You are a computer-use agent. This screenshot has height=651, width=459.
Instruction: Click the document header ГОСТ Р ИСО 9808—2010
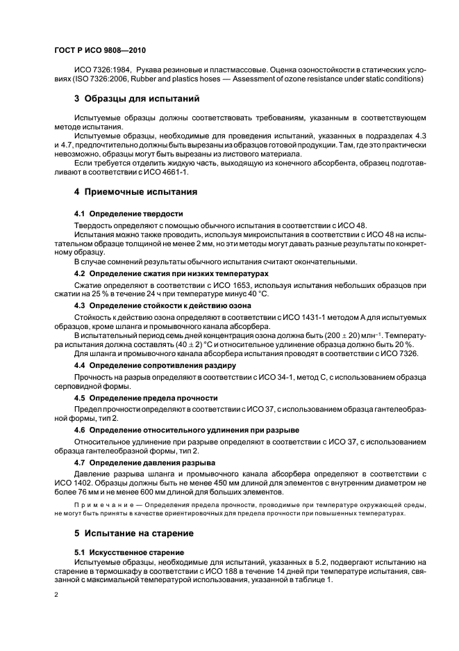coord(99,51)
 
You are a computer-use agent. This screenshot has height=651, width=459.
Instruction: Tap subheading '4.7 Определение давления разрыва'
coord(144,462)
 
